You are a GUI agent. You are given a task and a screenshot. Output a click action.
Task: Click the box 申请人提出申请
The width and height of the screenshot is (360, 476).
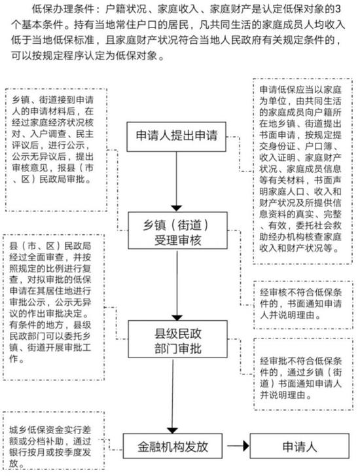(176, 137)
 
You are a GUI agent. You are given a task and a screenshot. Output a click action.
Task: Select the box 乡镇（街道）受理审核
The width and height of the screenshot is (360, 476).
(177, 230)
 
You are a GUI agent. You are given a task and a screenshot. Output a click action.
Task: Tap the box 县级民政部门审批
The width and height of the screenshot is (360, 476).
(177, 339)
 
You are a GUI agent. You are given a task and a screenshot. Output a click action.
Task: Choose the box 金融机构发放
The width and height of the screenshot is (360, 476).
(172, 446)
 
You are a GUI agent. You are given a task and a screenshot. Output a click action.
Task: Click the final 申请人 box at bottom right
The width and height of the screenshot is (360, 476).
(299, 446)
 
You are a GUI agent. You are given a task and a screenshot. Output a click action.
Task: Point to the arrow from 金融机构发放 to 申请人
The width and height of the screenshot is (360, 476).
(238, 446)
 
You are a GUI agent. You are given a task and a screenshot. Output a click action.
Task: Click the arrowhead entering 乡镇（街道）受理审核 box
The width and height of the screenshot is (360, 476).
(176, 208)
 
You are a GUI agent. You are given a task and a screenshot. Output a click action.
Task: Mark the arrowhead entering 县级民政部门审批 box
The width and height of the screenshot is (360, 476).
(177, 318)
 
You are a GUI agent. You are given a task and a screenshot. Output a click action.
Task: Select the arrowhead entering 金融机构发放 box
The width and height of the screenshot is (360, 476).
(172, 430)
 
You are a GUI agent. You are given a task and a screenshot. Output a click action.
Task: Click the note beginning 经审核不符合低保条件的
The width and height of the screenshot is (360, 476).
(303, 305)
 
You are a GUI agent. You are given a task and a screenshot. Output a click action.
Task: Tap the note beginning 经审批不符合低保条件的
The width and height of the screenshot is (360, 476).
(303, 374)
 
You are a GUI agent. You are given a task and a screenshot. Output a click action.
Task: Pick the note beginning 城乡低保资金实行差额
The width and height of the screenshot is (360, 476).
(54, 441)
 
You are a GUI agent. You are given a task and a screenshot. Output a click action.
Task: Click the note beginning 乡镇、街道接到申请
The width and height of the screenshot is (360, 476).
(56, 150)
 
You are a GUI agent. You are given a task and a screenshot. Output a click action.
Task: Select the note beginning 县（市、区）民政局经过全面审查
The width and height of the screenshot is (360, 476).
(54, 307)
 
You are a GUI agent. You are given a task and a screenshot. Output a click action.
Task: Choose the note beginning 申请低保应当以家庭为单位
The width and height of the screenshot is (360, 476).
(302, 171)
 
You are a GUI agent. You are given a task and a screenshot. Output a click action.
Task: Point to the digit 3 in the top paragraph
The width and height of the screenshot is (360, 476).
(338, 9)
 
